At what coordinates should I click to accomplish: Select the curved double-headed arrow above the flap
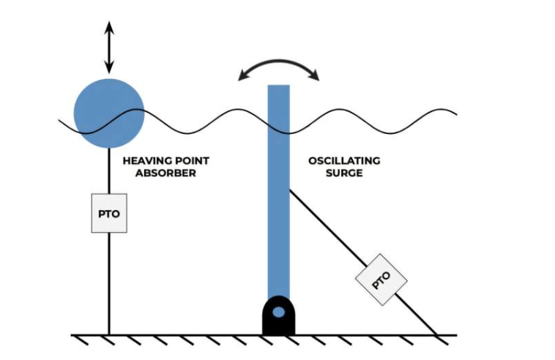(x=278, y=67)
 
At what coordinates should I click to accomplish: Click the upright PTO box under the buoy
(x=109, y=213)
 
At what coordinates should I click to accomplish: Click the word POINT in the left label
(x=189, y=160)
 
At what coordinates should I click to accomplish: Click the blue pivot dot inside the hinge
(x=278, y=312)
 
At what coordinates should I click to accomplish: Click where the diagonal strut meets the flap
(x=290, y=190)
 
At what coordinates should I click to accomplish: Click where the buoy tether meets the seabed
(x=109, y=335)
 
